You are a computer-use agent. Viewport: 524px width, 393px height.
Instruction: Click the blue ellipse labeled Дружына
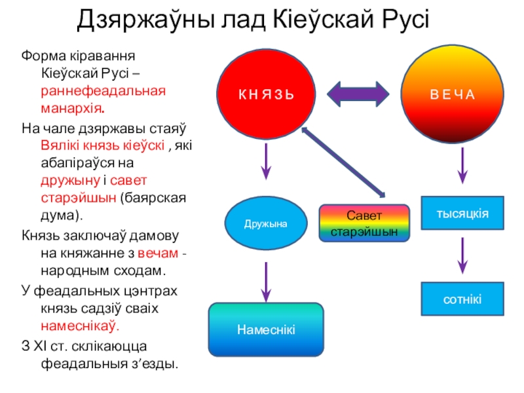tap(266, 223)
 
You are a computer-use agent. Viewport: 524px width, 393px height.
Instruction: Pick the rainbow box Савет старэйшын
tap(364, 223)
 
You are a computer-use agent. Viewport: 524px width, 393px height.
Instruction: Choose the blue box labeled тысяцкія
tap(463, 214)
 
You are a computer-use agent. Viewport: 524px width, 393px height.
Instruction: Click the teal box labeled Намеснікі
tap(266, 329)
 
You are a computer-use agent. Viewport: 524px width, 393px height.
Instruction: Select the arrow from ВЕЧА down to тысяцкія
tap(462, 166)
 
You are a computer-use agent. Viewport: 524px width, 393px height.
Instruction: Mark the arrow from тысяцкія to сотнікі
tap(462, 255)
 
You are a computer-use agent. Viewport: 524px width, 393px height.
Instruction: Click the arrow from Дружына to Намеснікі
tap(266, 279)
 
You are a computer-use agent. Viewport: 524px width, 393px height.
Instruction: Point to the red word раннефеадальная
tap(103, 88)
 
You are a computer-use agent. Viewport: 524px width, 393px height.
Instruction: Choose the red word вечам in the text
tap(158, 253)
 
